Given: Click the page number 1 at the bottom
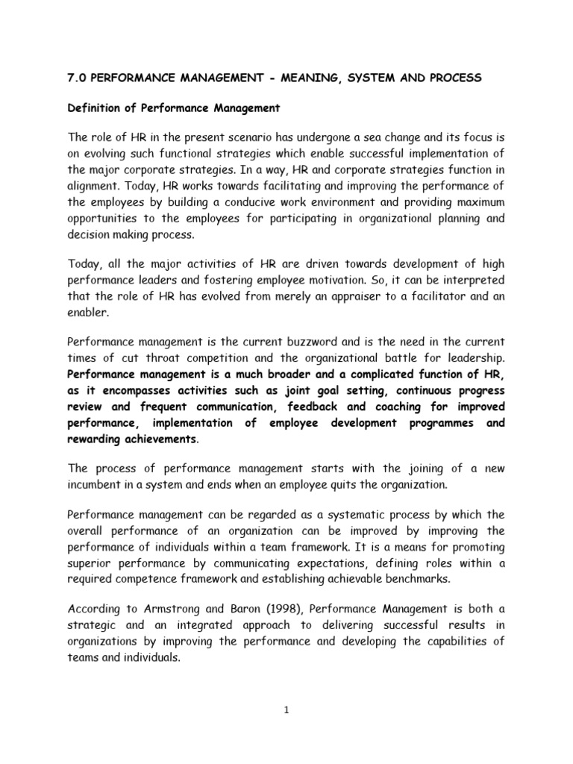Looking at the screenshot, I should (286, 710).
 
